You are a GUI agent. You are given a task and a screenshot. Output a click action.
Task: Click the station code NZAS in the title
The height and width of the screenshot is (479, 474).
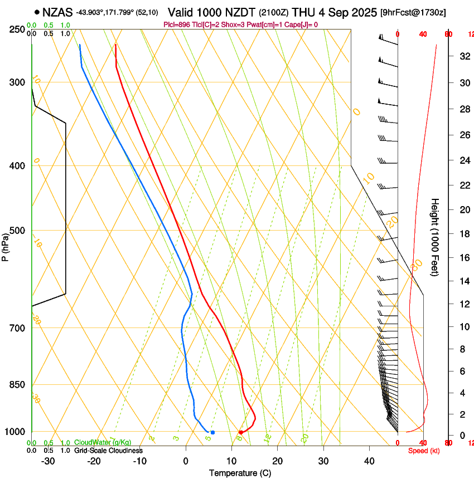tap(57, 12)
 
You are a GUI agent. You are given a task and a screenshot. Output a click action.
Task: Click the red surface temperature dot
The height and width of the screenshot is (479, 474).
tap(240, 432)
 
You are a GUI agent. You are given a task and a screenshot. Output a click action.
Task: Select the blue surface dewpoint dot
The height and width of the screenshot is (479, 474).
tap(212, 432)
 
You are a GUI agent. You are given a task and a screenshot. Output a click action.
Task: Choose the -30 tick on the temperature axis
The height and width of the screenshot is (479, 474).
tap(48, 461)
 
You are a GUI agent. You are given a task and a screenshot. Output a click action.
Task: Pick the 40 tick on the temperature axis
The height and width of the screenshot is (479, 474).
tap(369, 461)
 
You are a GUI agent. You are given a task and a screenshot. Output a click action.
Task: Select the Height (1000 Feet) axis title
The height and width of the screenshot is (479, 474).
tap(436, 237)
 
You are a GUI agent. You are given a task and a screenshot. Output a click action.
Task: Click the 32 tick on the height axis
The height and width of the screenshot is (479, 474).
tap(463, 56)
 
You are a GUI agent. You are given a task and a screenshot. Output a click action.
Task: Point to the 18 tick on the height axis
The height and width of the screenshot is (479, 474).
tap(463, 233)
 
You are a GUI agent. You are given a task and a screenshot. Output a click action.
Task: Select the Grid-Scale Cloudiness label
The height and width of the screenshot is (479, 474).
tap(108, 451)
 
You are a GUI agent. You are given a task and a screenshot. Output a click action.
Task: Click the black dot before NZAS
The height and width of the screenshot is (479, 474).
tap(37, 12)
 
